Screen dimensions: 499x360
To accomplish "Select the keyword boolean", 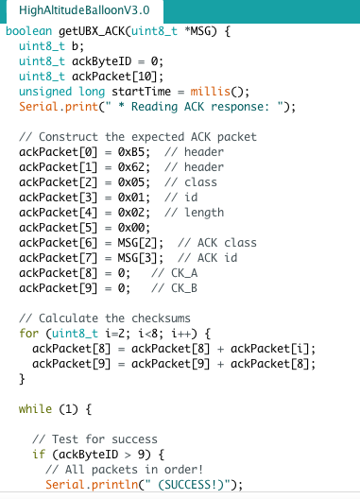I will (31, 31).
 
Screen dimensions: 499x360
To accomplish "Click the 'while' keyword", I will (35, 409).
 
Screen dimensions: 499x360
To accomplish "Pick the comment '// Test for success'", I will (94, 439).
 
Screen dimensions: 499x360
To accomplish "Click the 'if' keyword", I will (38, 455).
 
